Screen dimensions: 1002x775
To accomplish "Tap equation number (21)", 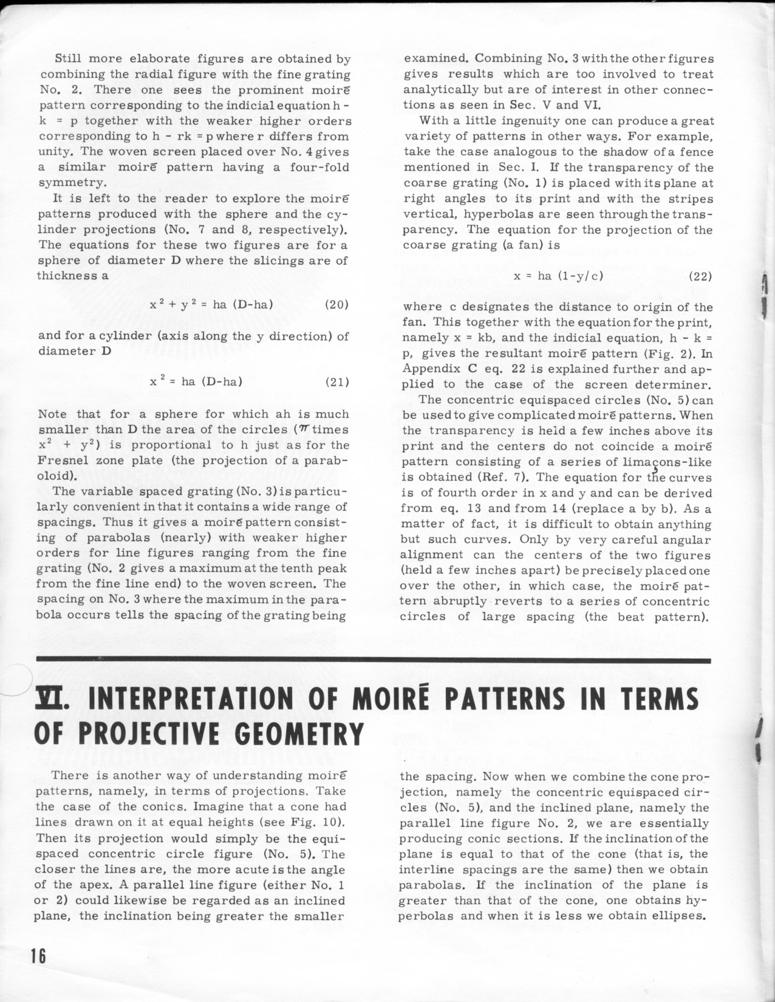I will (x=337, y=382).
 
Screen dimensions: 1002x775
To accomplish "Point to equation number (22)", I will (x=702, y=276).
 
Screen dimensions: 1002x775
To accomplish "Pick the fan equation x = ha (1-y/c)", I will (x=558, y=276).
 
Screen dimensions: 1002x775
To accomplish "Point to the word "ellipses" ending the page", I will (x=679, y=916).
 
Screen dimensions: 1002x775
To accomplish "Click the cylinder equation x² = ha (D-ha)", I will (x=196, y=382).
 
